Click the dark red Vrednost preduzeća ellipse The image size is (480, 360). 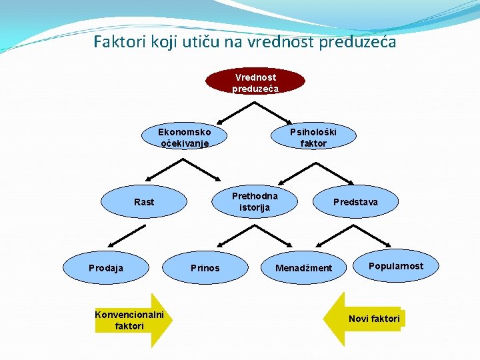[255, 82]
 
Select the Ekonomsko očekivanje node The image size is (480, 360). [184, 137]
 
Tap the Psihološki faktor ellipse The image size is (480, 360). [313, 137]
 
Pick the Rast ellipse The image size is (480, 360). [143, 201]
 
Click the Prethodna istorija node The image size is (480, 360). [255, 201]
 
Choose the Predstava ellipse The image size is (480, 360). [355, 201]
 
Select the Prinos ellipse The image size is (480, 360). [205, 267]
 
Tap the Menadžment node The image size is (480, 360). [304, 267]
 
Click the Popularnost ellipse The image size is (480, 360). [396, 266]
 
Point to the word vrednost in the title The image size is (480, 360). [283, 42]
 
